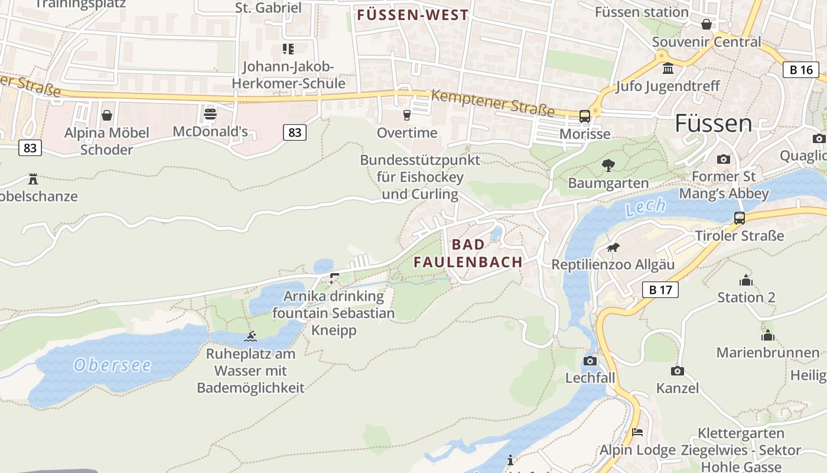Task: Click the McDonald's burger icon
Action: [x=210, y=114]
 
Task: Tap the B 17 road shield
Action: [x=660, y=290]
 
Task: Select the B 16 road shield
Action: [x=801, y=70]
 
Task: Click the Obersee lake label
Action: [x=112, y=365]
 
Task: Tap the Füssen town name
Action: [x=713, y=124]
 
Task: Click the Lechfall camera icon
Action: [x=590, y=361]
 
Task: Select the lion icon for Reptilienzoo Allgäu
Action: [x=613, y=248]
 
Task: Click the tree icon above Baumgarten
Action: [x=608, y=166]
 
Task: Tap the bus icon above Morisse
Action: [x=585, y=116]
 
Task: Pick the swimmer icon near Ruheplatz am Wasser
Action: [x=251, y=336]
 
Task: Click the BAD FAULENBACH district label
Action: [x=468, y=253]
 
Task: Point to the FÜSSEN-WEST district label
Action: [x=413, y=15]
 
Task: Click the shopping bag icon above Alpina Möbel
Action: [x=107, y=115]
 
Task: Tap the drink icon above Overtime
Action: [x=407, y=115]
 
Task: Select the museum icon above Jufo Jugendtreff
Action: [x=668, y=69]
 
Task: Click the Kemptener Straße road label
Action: [x=493, y=103]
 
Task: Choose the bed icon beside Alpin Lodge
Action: [x=637, y=432]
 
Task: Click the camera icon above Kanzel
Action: [x=677, y=371]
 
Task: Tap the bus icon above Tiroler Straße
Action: [x=739, y=218]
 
